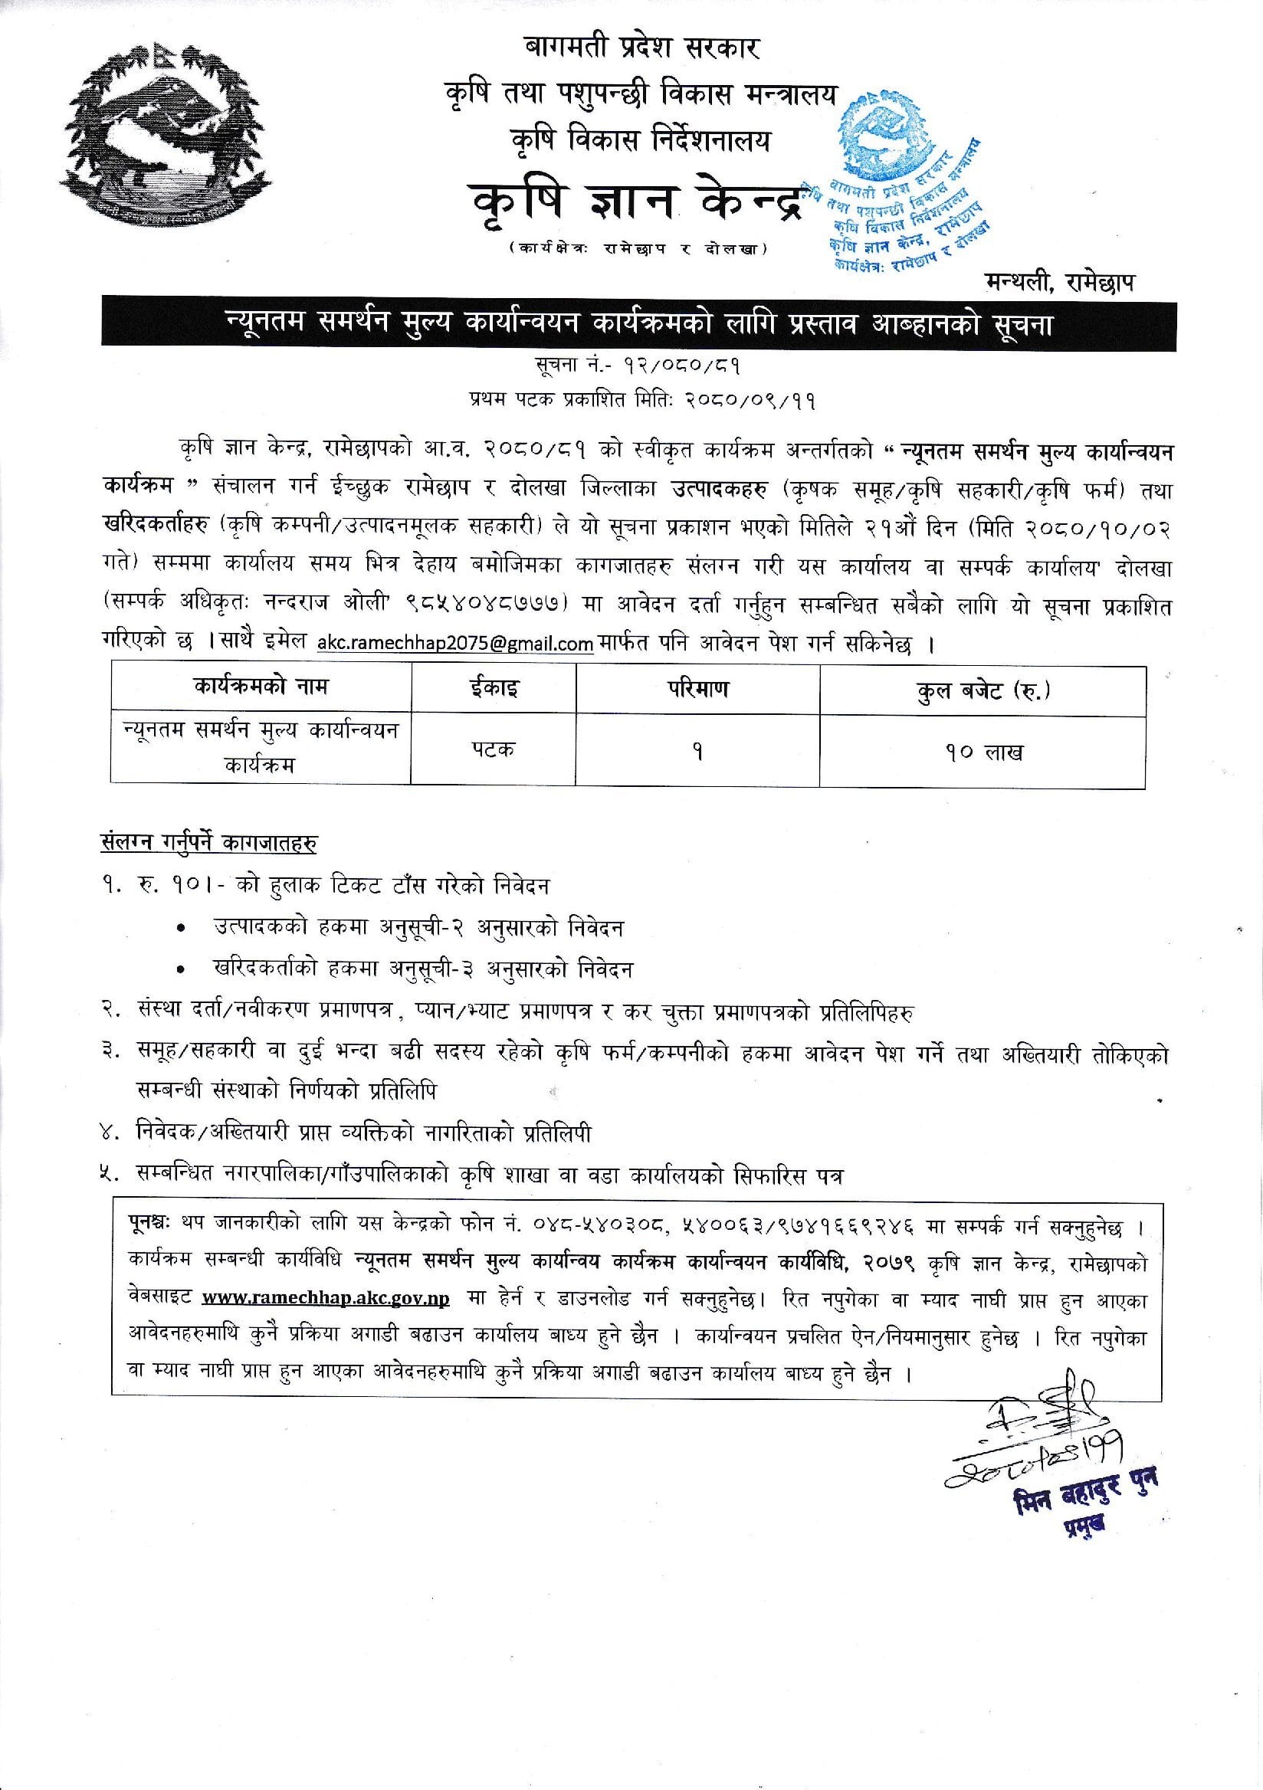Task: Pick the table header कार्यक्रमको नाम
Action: [261, 687]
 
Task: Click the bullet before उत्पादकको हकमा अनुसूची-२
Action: [181, 929]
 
